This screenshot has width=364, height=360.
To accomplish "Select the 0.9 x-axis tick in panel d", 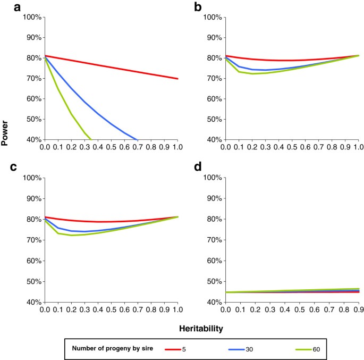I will pyautogui.click(x=357, y=309).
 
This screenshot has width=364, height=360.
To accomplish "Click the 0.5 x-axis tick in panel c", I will pyautogui.click(x=112, y=309).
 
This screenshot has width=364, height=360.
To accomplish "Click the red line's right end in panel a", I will pyautogui.click(x=178, y=79).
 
